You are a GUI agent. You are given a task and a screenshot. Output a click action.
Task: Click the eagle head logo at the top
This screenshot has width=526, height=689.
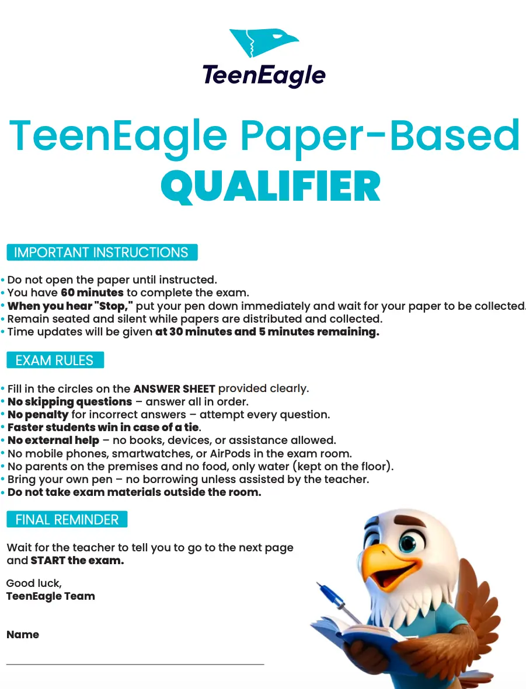point(264,44)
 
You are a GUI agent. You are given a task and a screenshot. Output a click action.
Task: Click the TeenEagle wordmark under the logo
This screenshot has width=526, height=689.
point(264,76)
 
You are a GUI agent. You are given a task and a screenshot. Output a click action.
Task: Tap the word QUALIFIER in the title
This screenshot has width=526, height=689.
point(271,187)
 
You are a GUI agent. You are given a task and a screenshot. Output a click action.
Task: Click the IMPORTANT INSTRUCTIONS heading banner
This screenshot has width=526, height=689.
point(102,253)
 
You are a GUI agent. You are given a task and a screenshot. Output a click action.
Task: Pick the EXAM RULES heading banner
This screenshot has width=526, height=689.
point(55,360)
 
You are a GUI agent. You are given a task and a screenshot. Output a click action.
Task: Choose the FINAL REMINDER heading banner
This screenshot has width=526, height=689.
point(67,519)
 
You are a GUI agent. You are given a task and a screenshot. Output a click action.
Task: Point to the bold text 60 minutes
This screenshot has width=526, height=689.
point(92,293)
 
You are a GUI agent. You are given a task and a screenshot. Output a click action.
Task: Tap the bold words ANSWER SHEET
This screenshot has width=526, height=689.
point(175,389)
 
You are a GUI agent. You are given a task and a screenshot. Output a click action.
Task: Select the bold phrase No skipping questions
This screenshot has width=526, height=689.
point(70,402)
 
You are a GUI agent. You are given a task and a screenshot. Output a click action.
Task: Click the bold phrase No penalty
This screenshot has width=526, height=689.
point(38,415)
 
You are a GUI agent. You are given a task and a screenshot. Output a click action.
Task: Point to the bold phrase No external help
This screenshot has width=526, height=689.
point(54,440)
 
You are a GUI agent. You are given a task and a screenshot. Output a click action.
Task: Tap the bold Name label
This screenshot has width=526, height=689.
point(23,635)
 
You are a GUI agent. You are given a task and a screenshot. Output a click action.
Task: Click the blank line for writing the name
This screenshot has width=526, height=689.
point(135,664)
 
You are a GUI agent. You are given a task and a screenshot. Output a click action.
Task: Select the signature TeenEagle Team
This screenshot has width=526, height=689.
point(50,596)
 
